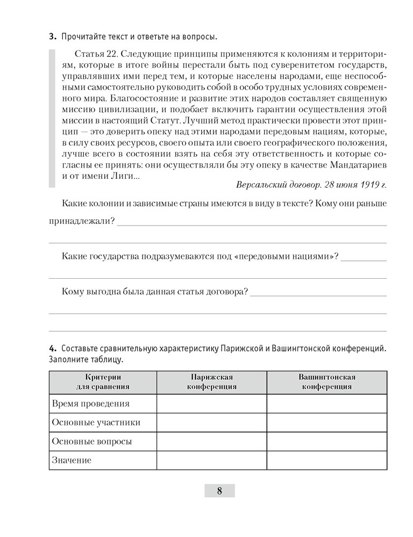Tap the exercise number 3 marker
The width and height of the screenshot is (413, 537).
click(x=52, y=37)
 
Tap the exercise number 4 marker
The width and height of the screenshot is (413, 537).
click(x=52, y=349)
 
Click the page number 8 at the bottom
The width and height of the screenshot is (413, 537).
click(x=219, y=490)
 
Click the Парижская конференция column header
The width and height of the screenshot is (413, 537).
click(x=212, y=381)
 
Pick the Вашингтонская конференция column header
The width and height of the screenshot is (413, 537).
click(x=326, y=381)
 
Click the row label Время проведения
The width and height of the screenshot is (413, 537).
click(x=90, y=403)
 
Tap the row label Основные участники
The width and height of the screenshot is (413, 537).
click(x=96, y=422)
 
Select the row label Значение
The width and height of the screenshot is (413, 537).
click(x=72, y=460)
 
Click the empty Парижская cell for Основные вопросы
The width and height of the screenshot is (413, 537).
click(x=212, y=441)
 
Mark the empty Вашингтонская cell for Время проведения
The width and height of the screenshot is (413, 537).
click(x=326, y=403)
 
